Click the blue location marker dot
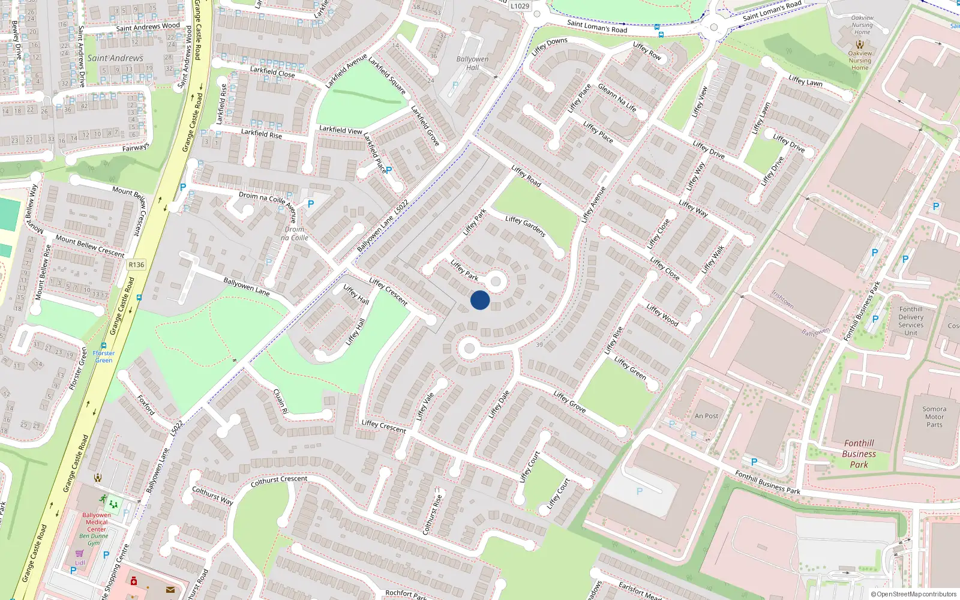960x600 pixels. [x=480, y=300]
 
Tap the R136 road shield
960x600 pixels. [x=136, y=265]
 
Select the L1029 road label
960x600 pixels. [x=520, y=6]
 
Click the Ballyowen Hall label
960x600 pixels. [x=472, y=63]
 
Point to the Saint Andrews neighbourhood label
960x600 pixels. [x=115, y=58]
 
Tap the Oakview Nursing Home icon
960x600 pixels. [x=860, y=44]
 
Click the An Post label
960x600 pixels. [x=706, y=416]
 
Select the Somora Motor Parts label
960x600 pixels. [x=934, y=416]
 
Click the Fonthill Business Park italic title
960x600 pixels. [x=859, y=454]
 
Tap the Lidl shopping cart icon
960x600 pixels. [x=79, y=553]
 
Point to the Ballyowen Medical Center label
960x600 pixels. [x=97, y=522]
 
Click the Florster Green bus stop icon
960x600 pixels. [x=104, y=346]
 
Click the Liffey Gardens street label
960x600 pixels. [x=525, y=226]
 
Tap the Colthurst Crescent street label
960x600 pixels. [x=279, y=481]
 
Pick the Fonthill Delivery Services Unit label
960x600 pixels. [x=911, y=321]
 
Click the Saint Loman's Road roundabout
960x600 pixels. [x=713, y=26]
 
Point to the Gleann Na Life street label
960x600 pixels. [x=617, y=98]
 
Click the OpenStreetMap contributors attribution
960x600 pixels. [x=914, y=594]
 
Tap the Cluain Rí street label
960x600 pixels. [x=280, y=401]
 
